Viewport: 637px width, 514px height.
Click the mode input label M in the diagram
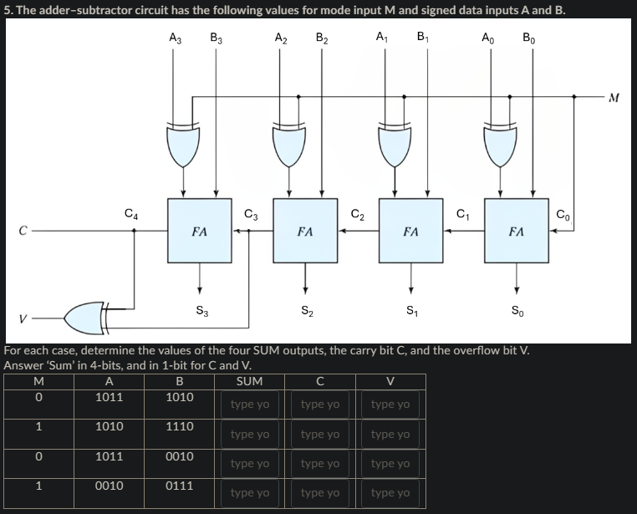pyautogui.click(x=614, y=98)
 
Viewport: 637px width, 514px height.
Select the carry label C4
pyautogui.click(x=130, y=213)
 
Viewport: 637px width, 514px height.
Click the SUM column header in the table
pyautogui.click(x=249, y=381)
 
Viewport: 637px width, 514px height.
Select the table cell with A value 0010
pyautogui.click(x=110, y=486)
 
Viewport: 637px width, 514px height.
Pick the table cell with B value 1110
pyautogui.click(x=180, y=426)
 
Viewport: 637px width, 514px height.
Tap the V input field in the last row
pyautogui.click(x=391, y=493)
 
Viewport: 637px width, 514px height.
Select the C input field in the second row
pyautogui.click(x=320, y=435)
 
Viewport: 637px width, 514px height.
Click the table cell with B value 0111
pyautogui.click(x=180, y=486)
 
